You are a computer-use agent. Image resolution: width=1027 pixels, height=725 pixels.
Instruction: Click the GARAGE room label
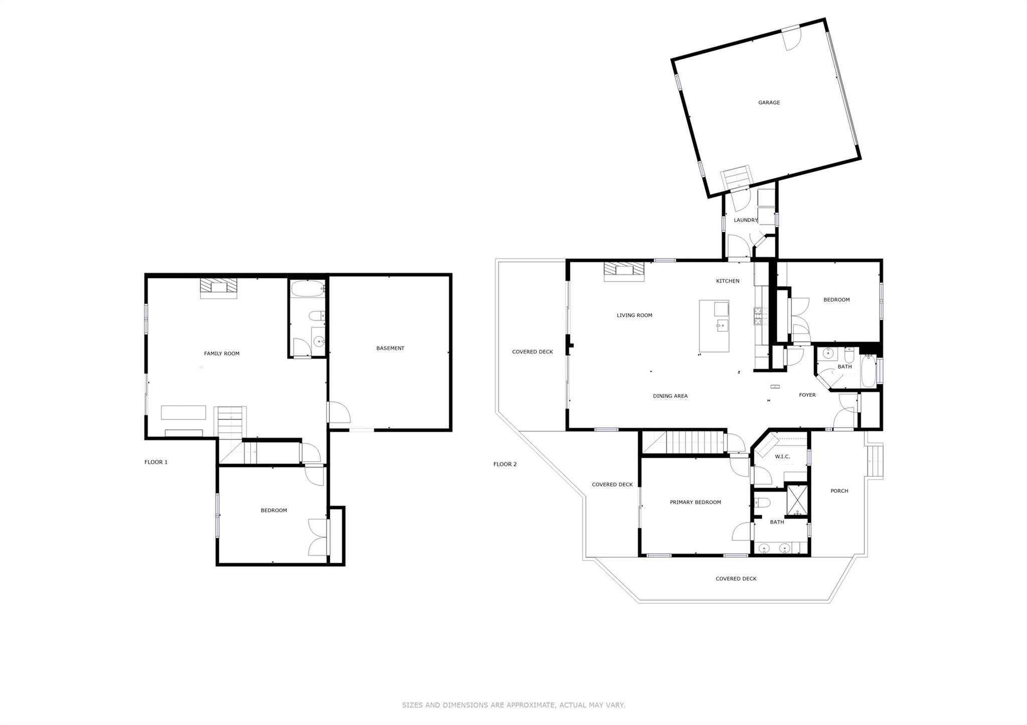click(x=769, y=103)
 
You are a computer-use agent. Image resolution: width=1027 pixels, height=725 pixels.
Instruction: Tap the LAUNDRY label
click(x=746, y=220)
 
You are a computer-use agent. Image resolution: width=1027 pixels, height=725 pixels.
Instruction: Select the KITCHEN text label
click(x=728, y=281)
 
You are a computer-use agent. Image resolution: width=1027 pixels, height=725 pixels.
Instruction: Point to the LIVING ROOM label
click(x=634, y=316)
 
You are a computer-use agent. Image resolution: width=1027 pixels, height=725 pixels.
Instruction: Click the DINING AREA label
click(x=670, y=396)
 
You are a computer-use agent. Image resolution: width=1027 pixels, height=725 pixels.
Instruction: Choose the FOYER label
click(x=807, y=395)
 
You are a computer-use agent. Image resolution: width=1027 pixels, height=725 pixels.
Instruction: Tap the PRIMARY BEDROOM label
click(x=696, y=502)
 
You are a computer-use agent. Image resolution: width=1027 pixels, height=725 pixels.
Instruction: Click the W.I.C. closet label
click(x=782, y=457)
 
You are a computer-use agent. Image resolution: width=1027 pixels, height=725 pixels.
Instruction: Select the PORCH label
click(x=839, y=491)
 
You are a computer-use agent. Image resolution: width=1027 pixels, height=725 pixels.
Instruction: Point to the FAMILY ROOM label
click(x=222, y=354)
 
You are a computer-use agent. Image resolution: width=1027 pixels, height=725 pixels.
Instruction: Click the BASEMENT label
click(x=390, y=348)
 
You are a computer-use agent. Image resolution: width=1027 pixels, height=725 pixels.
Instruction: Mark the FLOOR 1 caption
click(x=156, y=462)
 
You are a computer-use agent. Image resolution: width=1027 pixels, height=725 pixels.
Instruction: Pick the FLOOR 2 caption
click(x=505, y=464)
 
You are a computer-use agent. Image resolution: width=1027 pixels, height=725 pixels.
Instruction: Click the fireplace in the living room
click(x=624, y=271)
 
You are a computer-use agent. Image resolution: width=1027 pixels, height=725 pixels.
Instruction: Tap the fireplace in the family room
click(x=219, y=288)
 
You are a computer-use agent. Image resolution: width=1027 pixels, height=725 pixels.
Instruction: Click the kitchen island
click(x=715, y=326)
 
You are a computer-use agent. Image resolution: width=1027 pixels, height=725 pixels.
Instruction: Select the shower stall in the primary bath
click(x=797, y=501)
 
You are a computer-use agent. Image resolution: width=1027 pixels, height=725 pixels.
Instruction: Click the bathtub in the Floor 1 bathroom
click(x=307, y=290)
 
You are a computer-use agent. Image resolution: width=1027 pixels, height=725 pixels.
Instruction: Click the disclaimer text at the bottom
click(x=513, y=705)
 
